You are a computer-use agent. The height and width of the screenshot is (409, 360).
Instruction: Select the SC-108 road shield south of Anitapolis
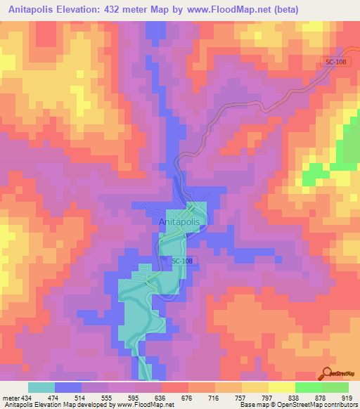tap(181, 261)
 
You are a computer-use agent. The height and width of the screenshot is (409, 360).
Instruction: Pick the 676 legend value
tap(188, 397)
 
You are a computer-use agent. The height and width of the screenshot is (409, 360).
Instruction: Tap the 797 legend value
tap(268, 397)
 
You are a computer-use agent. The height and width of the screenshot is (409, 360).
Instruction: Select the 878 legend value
tap(321, 397)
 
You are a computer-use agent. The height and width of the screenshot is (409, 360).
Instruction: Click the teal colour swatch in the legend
tap(41, 387)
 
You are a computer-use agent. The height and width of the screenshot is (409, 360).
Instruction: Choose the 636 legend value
tap(161, 397)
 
